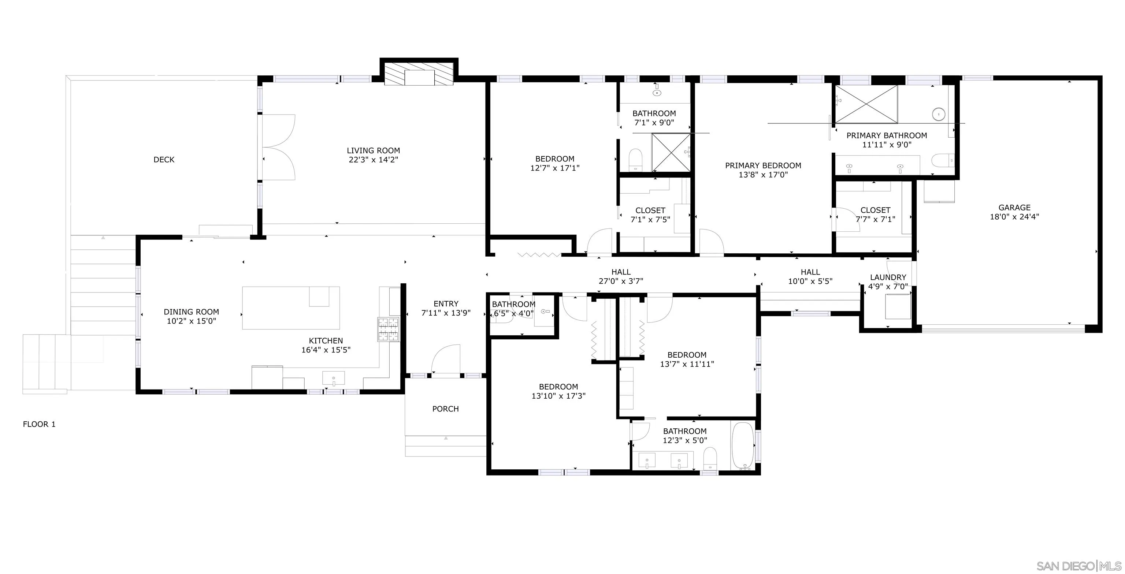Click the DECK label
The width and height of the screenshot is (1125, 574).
164,160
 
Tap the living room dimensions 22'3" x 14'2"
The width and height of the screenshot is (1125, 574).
374,160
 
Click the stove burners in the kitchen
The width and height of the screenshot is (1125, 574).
388,329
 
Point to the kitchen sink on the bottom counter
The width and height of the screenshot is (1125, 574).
333,379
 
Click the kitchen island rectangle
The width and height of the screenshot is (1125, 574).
290,308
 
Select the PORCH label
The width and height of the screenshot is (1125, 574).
445,409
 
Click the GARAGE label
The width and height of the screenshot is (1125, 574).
1014,208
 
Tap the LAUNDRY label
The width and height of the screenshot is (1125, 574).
888,277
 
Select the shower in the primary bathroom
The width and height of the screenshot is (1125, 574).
866,104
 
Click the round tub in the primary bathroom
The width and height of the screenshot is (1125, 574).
939,114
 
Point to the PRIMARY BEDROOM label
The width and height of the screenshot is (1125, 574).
763,166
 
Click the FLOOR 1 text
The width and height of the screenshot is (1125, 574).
39,424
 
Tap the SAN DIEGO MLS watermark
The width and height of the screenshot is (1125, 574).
1079,566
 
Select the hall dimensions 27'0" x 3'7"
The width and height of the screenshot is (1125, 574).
621,282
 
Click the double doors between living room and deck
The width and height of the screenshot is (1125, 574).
279,147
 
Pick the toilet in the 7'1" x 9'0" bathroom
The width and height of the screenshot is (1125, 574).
635,161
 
